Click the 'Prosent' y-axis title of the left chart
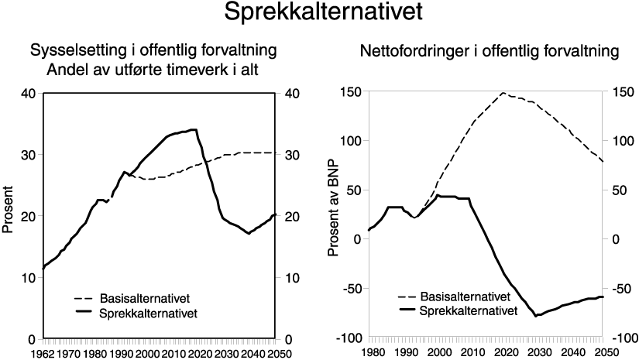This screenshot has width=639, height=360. (9, 209)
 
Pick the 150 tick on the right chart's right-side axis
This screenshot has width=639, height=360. (620, 92)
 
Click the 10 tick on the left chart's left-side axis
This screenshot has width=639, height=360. (29, 278)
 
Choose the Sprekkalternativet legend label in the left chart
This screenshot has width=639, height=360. (149, 313)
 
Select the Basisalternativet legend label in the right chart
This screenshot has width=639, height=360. (464, 297)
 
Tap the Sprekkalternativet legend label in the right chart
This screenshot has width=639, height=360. (468, 310)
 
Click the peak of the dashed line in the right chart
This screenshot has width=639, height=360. (503, 93)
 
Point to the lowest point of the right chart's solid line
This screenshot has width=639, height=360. (535, 316)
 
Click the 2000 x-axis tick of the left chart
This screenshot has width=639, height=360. (148, 354)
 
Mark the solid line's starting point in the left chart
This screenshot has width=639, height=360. (43, 269)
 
